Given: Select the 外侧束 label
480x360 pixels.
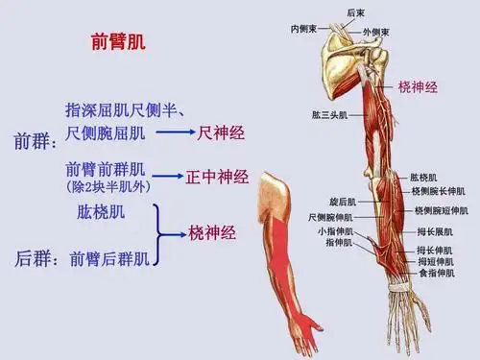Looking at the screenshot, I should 376,32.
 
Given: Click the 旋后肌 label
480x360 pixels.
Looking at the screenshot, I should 342,203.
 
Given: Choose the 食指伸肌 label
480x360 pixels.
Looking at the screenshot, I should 436,274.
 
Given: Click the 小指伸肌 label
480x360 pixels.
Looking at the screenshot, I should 336,231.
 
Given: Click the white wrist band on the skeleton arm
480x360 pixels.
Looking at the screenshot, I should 396,283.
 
